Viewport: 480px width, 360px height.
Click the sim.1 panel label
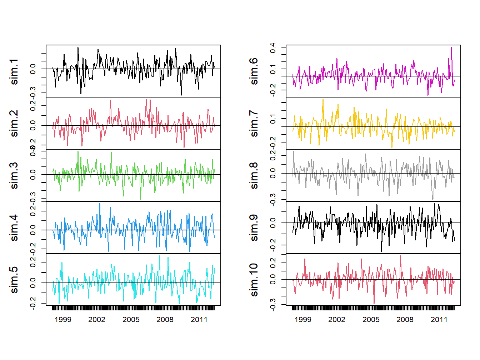(14, 71)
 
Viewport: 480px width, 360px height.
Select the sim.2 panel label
(14, 123)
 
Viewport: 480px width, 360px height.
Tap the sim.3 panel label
(14, 175)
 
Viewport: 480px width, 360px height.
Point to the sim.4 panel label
(14, 227)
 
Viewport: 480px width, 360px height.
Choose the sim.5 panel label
(14, 280)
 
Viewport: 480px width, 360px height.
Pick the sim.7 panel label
(254, 123)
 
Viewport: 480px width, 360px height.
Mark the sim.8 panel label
(254, 175)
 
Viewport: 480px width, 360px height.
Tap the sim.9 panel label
(254, 227)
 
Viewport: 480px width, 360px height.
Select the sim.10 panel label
(254, 280)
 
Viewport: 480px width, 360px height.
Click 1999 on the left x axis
(63, 320)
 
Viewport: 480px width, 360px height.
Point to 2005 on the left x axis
(131, 320)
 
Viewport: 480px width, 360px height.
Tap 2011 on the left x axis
(199, 320)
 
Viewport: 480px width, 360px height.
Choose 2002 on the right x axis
(337, 320)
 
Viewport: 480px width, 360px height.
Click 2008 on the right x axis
(405, 320)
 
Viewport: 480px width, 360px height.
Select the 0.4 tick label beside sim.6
(273, 48)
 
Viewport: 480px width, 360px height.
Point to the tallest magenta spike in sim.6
(451, 48)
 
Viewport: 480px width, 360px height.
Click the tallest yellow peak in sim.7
(323, 100)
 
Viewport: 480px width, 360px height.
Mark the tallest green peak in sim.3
(78, 152)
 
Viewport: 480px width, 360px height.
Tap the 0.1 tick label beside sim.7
(273, 119)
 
